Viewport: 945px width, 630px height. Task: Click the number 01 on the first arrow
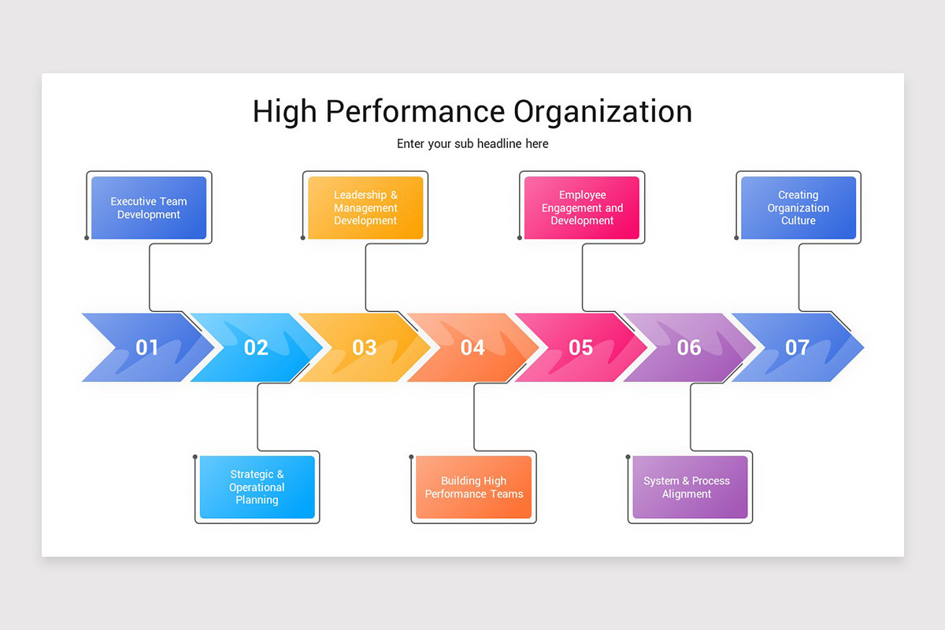point(147,347)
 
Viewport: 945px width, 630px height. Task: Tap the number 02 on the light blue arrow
point(256,347)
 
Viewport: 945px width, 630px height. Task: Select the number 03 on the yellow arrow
point(364,347)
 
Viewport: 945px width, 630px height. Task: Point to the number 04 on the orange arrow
point(472,347)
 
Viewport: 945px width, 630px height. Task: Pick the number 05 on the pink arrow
point(580,347)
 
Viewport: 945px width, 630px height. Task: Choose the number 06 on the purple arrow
point(689,347)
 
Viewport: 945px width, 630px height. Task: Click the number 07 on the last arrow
point(797,347)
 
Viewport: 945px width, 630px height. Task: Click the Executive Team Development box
point(149,208)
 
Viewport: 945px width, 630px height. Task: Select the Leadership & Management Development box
point(365,208)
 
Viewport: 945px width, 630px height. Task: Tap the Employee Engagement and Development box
point(582,208)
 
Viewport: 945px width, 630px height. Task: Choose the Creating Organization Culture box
point(798,208)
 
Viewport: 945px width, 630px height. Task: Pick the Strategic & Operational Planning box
point(257,487)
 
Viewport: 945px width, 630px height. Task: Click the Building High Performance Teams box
point(473,487)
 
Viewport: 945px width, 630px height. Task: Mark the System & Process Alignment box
point(690,487)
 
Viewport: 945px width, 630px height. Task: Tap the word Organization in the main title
point(603,112)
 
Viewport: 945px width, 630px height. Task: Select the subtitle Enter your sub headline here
point(472,144)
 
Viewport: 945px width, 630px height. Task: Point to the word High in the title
point(284,112)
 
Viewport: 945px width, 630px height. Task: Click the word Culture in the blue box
point(798,221)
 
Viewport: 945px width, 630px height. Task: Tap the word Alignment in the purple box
point(687,495)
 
